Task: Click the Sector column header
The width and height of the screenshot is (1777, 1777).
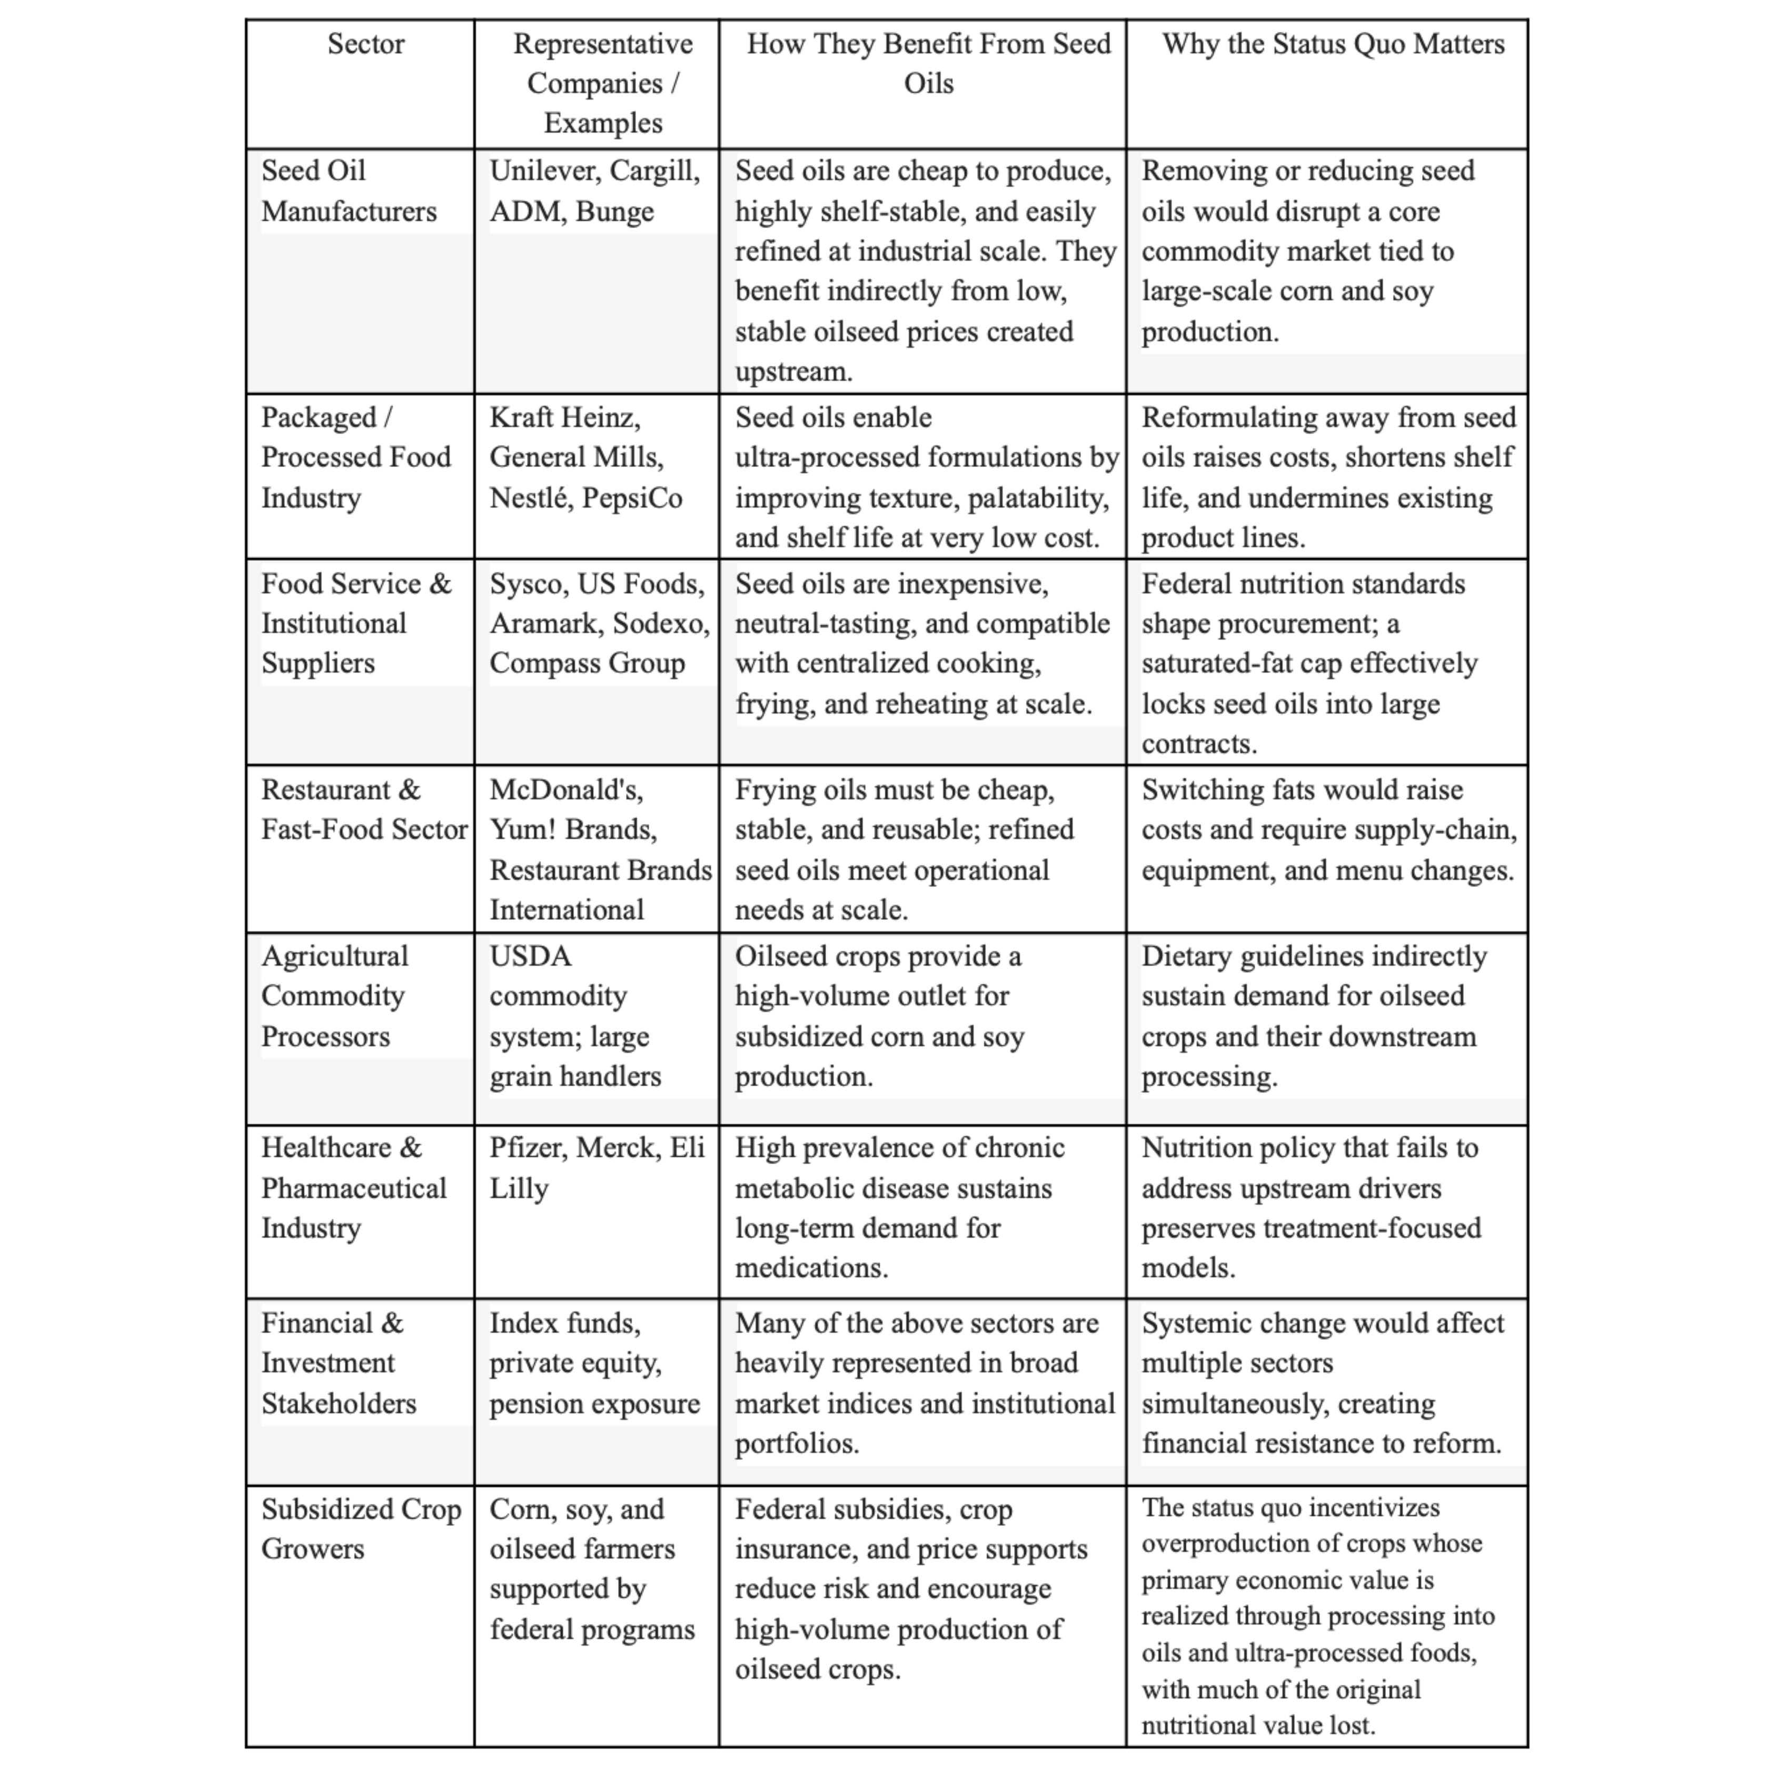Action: pyautogui.click(x=365, y=44)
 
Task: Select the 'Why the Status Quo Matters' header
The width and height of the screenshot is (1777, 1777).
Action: pyautogui.click(x=1333, y=44)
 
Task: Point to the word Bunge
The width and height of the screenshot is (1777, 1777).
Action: pyautogui.click(x=614, y=212)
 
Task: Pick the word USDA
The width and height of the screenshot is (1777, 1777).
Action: pyautogui.click(x=531, y=957)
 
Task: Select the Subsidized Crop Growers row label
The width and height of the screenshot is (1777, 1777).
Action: pyautogui.click(x=361, y=1528)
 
